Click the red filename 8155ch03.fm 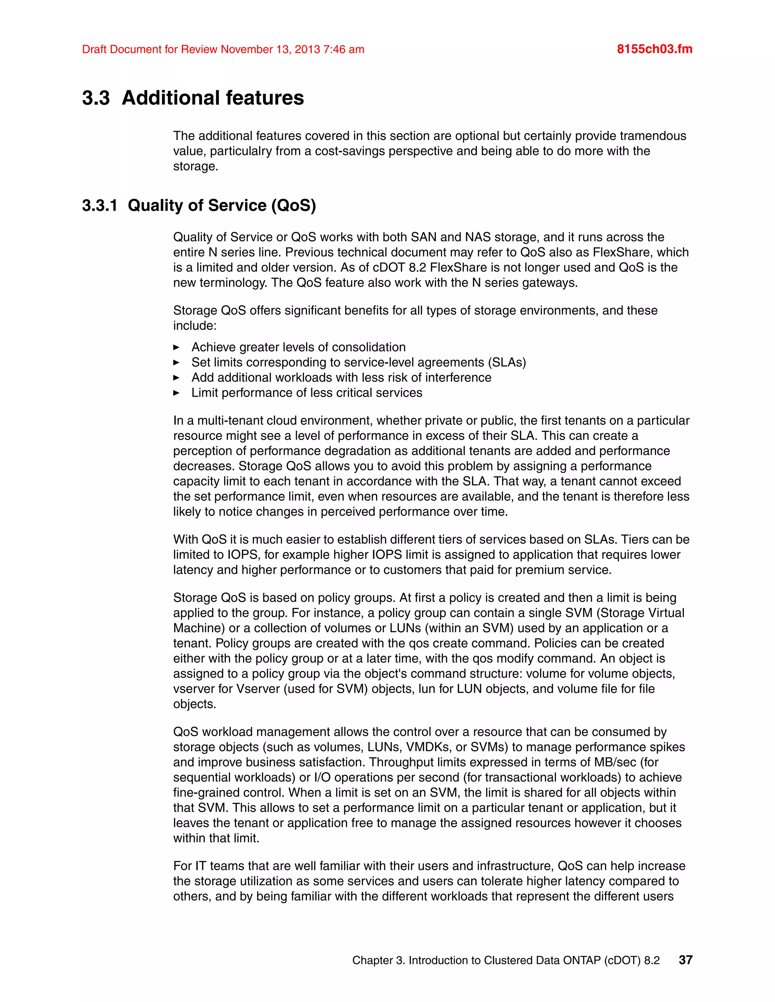coord(654,49)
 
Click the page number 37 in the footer coord(685,960)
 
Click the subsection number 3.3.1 coord(100,206)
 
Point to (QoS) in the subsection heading coord(293,206)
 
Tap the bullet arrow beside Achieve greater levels coord(176,347)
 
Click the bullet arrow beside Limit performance coord(176,393)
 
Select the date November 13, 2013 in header coord(270,49)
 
